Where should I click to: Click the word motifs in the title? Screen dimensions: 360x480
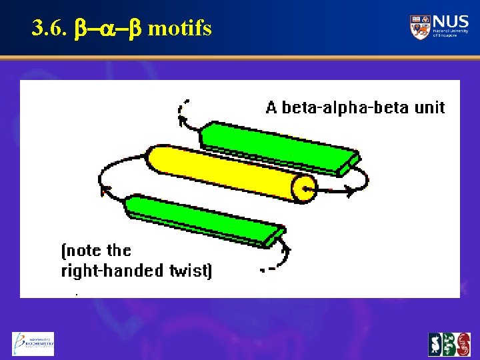click(x=179, y=29)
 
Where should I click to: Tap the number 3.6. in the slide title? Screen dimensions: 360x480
click(x=47, y=29)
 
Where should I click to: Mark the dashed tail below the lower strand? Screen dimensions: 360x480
click(x=268, y=270)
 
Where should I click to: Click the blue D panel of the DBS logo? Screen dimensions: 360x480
click(x=435, y=345)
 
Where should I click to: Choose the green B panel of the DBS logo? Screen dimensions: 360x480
click(x=449, y=345)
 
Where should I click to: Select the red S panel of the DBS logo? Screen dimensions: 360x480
click(x=463, y=345)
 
